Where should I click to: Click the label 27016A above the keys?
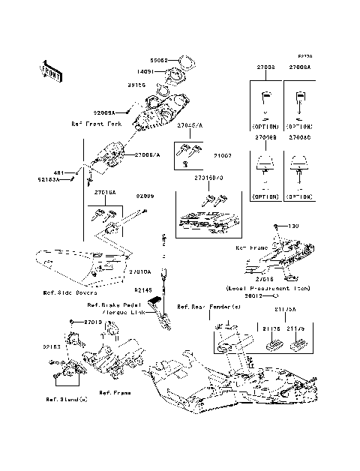click(x=105, y=193)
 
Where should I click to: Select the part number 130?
click(x=294, y=226)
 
